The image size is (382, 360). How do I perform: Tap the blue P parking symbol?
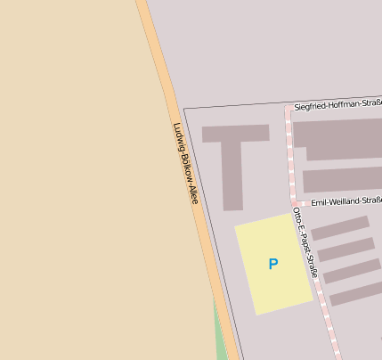pyautogui.click(x=273, y=264)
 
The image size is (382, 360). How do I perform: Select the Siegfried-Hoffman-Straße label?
pyautogui.click(x=338, y=105)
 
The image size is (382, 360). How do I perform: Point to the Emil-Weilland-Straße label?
pyautogui.click(x=346, y=202)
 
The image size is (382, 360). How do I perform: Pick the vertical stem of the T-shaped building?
pyautogui.click(x=232, y=174)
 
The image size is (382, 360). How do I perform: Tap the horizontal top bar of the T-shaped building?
pyautogui.click(x=235, y=134)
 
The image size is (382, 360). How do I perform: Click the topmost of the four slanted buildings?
pyautogui.click(x=339, y=228)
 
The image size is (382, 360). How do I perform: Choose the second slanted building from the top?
pyautogui.click(x=345, y=250)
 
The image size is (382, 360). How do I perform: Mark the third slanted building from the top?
pyautogui.click(x=351, y=272)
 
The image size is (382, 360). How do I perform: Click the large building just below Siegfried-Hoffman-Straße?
pyautogui.click(x=338, y=138)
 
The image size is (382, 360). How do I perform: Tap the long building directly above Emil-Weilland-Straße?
pyautogui.click(x=342, y=180)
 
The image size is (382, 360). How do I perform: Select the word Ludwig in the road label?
pyautogui.click(x=178, y=135)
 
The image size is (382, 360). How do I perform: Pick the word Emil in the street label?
pyautogui.click(x=318, y=203)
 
